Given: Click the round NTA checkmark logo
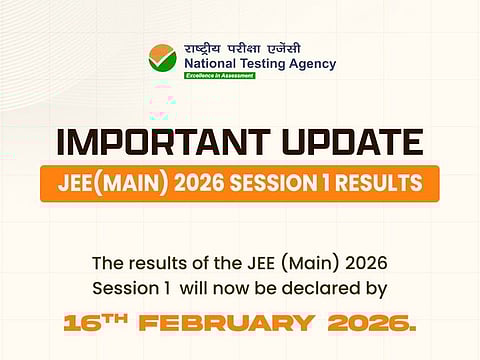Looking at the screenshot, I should coord(163,58).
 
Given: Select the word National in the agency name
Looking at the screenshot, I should coord(211,63).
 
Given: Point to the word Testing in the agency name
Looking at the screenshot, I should coord(268,63).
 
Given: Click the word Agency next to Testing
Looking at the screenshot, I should coord(314,63).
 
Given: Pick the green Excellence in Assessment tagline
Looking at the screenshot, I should coord(218,76).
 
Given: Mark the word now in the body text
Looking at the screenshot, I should coord(227,292).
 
